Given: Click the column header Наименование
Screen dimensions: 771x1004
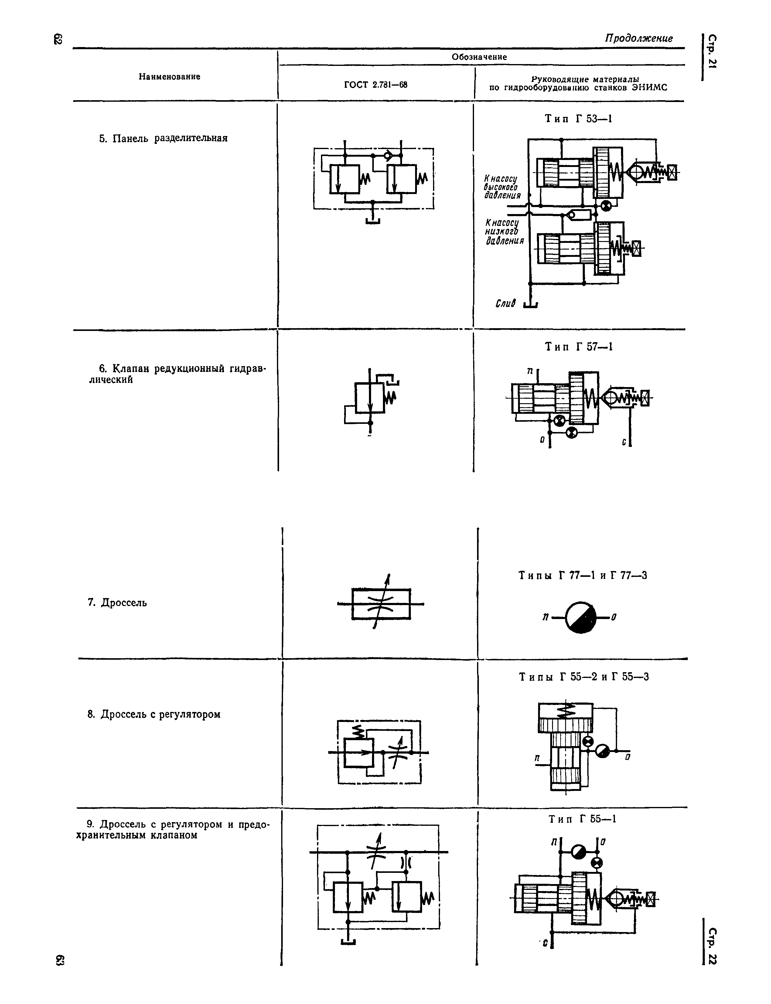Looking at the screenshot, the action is coord(170,77).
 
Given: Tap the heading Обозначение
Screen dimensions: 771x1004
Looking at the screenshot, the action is coord(479,57).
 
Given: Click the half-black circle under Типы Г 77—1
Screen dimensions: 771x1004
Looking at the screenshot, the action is coord(581,617).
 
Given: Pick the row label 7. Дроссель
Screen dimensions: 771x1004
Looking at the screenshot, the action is coord(118,603).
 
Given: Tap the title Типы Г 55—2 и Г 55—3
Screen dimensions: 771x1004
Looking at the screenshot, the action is coord(584,677).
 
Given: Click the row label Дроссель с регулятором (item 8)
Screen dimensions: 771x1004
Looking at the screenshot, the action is coord(154,714).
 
